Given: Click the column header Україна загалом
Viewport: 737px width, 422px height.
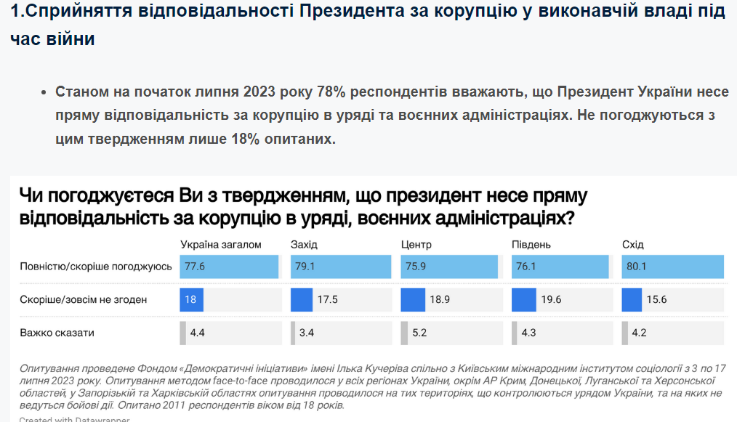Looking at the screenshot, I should [x=220, y=244].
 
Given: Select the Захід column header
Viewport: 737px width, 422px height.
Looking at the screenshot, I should [x=304, y=244].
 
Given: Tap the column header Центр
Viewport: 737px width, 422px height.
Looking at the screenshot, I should [x=416, y=244].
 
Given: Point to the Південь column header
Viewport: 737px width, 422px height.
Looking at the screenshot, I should [x=531, y=244].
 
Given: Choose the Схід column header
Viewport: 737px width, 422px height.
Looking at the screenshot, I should [x=633, y=244].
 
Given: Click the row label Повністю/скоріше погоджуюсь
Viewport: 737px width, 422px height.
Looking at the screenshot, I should [x=96, y=267].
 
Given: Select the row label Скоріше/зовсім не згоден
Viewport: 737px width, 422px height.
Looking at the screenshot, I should [x=84, y=300].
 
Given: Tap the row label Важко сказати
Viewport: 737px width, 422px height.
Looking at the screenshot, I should [x=57, y=333].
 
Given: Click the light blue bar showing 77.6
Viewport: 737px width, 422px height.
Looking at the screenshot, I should [x=230, y=267].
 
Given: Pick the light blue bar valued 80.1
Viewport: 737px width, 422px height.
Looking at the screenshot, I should [x=673, y=267].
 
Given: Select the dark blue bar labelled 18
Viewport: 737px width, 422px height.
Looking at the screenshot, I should [x=192, y=300].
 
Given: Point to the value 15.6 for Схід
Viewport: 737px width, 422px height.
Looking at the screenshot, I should [x=657, y=300].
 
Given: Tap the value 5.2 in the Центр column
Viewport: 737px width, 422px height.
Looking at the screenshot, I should [x=419, y=333].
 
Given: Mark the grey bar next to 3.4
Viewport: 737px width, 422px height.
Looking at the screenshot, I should [x=293, y=333].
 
